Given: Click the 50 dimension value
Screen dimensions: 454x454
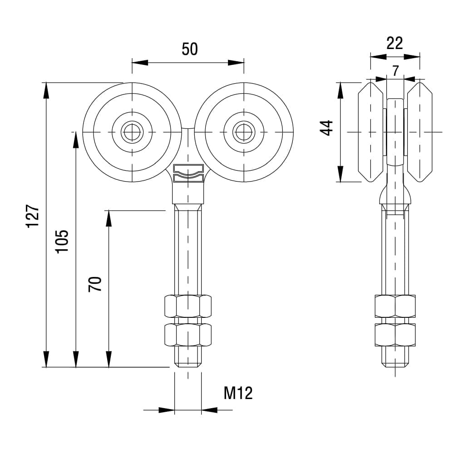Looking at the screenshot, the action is pos(190,49).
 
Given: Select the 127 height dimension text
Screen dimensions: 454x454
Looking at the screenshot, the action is pos(33,216).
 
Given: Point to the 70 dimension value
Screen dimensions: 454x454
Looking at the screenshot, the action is pos(95,284).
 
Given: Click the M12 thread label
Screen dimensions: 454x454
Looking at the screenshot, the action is pos(238,393).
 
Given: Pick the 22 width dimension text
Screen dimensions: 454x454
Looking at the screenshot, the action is pos(395,44).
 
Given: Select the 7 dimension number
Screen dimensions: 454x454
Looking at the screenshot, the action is pos(395,70).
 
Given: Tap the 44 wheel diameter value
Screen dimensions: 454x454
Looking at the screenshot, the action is pos(326,128).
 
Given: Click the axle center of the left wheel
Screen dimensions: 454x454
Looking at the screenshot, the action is pos(132,132).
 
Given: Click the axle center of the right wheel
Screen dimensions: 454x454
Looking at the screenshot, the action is pos(244,132).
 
